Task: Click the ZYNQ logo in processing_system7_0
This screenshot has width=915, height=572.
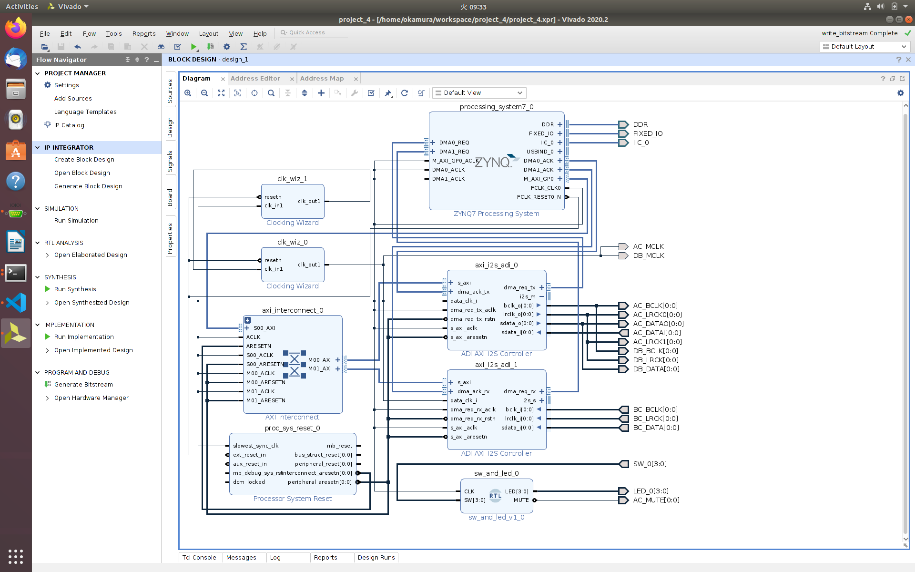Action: tap(496, 162)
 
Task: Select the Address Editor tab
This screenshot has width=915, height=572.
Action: tap(255, 79)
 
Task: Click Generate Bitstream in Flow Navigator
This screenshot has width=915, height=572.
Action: tap(83, 385)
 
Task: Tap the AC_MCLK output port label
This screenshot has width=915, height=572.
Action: tap(648, 246)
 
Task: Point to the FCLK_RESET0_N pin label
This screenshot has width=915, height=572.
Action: tap(539, 197)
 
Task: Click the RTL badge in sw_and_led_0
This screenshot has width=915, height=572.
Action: tap(495, 495)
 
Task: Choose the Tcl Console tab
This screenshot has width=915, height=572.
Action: tap(199, 557)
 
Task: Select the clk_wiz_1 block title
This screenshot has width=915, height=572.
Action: tap(292, 179)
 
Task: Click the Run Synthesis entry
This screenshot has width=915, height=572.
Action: tap(75, 289)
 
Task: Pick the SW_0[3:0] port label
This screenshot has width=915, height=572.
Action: tap(650, 464)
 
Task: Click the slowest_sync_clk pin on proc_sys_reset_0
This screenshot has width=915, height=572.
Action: tap(255, 446)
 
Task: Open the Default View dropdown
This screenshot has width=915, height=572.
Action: tap(479, 93)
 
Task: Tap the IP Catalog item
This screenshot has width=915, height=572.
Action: tap(69, 125)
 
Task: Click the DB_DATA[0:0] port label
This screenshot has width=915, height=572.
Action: tap(656, 369)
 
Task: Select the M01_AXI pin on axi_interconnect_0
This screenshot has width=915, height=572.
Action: tap(320, 368)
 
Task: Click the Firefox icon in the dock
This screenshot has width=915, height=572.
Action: tap(16, 28)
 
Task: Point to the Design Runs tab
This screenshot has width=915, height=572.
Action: tap(376, 557)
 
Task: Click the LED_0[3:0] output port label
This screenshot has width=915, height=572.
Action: tap(651, 491)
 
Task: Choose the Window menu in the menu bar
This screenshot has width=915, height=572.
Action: tap(177, 33)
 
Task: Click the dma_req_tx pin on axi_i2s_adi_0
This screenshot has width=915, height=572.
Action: tap(519, 287)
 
